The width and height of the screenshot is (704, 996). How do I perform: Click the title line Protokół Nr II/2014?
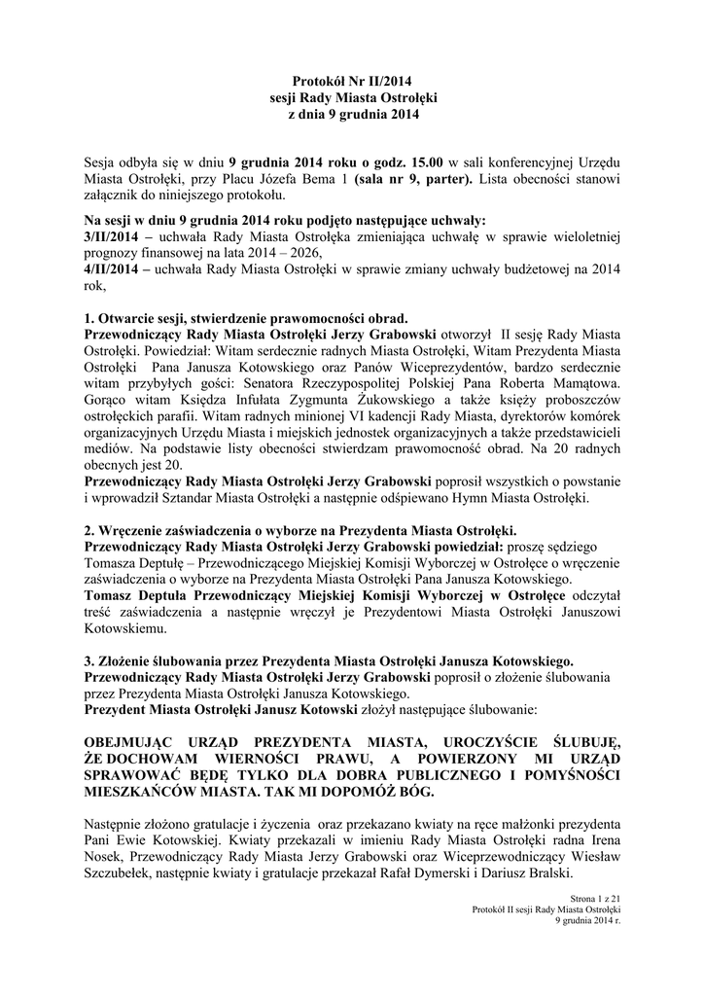tap(351, 83)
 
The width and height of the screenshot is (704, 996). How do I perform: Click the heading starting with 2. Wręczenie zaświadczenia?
tap(301, 530)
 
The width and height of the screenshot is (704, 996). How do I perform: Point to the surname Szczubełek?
tap(120, 873)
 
